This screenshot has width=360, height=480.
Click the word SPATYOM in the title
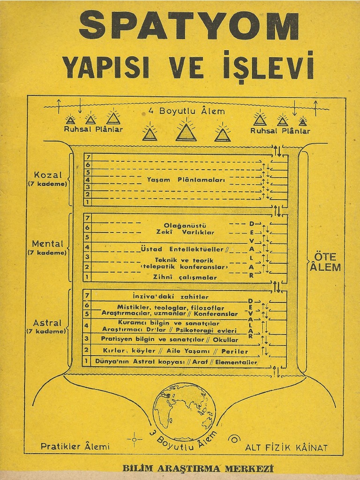coord(188,26)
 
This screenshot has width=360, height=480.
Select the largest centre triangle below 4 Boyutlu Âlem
coord(186,131)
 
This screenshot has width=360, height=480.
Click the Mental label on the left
coord(47,244)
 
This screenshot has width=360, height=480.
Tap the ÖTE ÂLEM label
coord(325,262)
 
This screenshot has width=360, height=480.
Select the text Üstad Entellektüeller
coord(182,248)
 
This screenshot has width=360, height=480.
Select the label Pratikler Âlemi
coord(75,446)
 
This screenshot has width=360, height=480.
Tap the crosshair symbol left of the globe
coord(135,439)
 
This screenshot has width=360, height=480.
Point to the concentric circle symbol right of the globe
coord(232,439)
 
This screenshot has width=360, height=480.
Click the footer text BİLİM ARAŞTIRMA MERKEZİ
coord(197,468)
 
